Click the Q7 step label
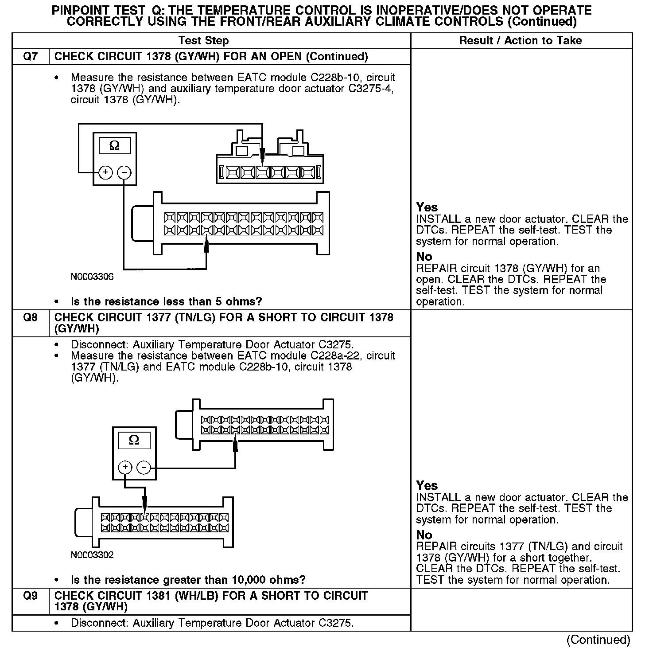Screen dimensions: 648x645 [30, 57]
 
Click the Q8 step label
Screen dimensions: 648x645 [30, 318]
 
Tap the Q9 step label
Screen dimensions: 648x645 [30, 596]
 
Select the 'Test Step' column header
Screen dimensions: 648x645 [203, 41]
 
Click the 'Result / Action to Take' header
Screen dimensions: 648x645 [521, 41]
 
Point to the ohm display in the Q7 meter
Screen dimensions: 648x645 [114, 146]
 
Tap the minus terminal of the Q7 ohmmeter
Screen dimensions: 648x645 [124, 172]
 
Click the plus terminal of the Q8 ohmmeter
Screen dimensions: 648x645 [125, 467]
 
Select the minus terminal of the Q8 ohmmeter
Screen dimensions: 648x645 [144, 467]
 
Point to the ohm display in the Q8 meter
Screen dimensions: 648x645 [134, 441]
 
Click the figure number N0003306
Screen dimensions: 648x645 [92, 277]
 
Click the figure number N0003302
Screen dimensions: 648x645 [92, 555]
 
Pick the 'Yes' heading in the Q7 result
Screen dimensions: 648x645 [427, 207]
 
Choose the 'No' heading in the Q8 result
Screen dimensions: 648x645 [424, 535]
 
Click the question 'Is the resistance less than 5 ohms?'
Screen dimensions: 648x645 [166, 302]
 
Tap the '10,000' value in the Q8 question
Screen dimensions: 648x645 [249, 580]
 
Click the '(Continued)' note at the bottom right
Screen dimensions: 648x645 [598, 640]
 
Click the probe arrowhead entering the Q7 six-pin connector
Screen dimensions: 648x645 [262, 155]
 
